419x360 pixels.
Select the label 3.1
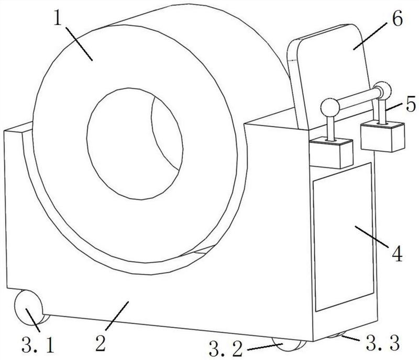[x=38, y=344]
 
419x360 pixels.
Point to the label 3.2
[x=226, y=349]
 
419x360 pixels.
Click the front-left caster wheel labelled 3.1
[x=29, y=307]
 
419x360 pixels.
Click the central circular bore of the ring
[x=135, y=144]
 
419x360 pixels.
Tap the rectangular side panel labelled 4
[x=344, y=237]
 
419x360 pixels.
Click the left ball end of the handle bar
[x=330, y=107]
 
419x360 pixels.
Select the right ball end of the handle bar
[x=382, y=90]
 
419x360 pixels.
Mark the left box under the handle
[x=332, y=153]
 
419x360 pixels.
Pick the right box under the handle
[x=383, y=136]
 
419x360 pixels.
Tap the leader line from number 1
[x=79, y=43]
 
